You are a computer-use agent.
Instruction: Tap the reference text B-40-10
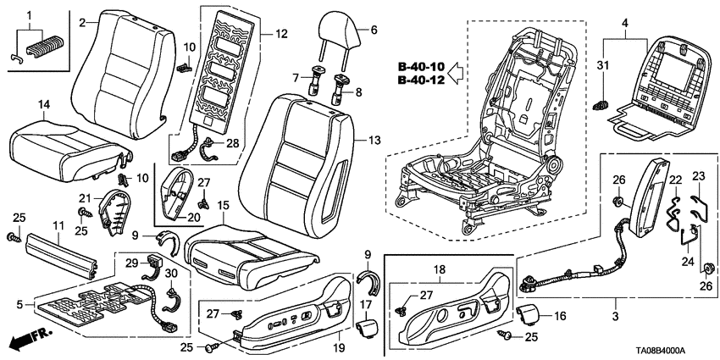point(420,67)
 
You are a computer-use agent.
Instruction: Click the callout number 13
point(363,138)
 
